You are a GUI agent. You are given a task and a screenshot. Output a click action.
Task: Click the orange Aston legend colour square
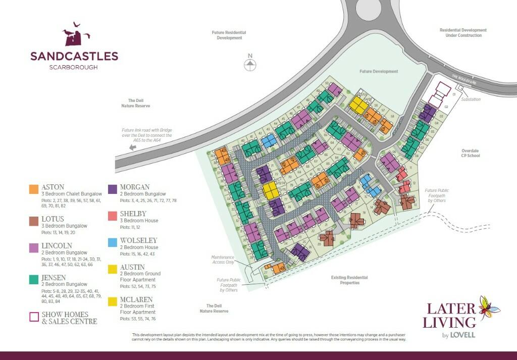(x=34, y=189)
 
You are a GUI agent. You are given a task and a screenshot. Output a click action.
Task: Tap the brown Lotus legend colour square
(x=34, y=221)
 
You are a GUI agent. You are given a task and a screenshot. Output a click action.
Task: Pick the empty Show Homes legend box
(x=34, y=317)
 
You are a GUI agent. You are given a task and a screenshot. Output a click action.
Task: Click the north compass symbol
(x=249, y=64)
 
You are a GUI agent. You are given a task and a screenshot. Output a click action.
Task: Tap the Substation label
(x=471, y=99)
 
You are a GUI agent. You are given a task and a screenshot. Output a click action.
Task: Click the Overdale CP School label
(x=474, y=153)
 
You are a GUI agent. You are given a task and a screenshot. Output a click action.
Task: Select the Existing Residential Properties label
(x=349, y=280)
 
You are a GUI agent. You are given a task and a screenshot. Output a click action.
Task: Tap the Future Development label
(x=379, y=72)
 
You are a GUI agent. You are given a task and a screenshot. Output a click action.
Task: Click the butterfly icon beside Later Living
(x=489, y=308)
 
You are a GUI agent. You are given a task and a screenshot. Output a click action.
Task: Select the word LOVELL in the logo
(x=463, y=334)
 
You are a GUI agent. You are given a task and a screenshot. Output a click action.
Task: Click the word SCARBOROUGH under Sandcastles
(x=74, y=67)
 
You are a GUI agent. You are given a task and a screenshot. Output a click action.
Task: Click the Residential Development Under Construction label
(x=463, y=33)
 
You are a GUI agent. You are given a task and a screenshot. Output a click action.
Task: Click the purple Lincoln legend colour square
(x=34, y=247)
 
